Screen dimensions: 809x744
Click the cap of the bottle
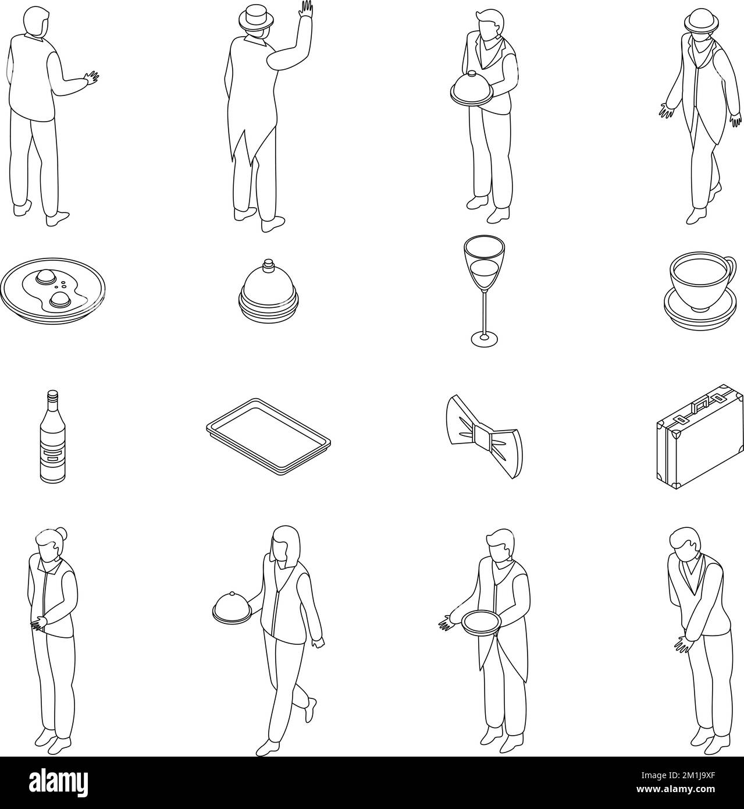(x=53, y=395)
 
